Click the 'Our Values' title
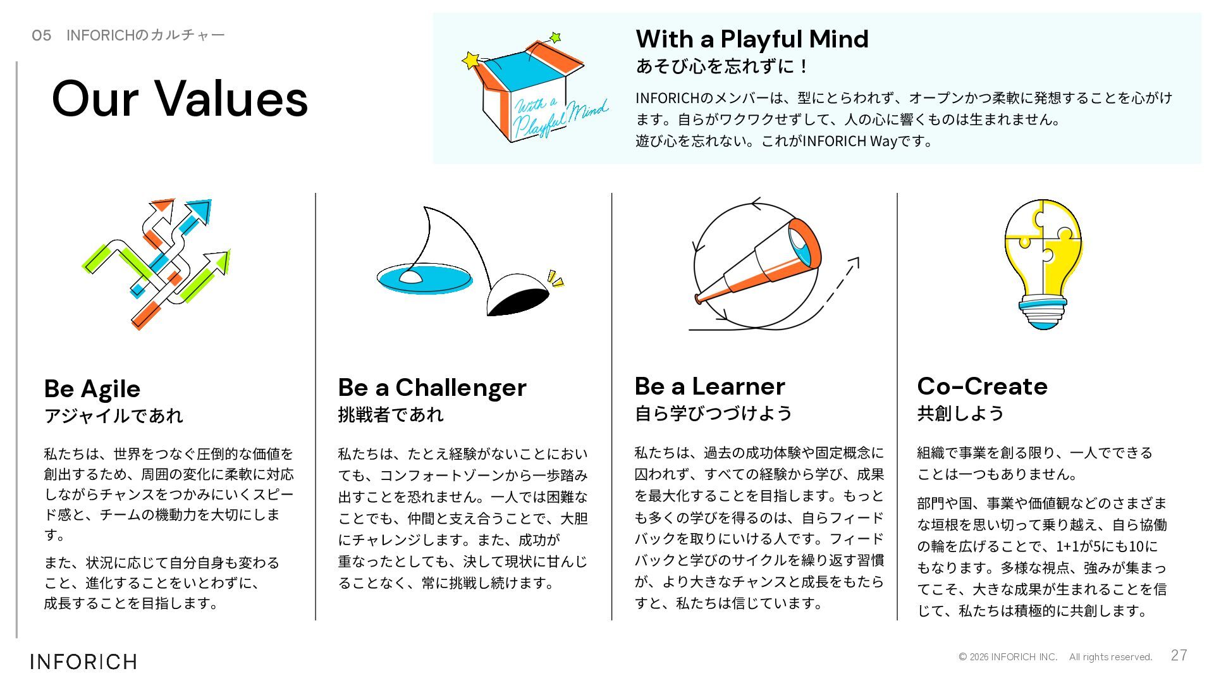[180, 99]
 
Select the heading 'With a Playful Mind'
[752, 39]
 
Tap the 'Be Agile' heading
[92, 389]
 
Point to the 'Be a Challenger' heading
[432, 388]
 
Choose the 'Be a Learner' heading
[709, 386]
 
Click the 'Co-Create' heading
[982, 386]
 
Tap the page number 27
[1179, 655]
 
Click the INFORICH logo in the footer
[83, 661]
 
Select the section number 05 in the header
[42, 35]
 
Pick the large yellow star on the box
[471, 61]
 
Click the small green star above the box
[555, 38]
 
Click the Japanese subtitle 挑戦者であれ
[391, 415]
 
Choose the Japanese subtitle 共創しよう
[960, 414]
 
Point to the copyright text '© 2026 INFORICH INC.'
[1008, 657]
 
